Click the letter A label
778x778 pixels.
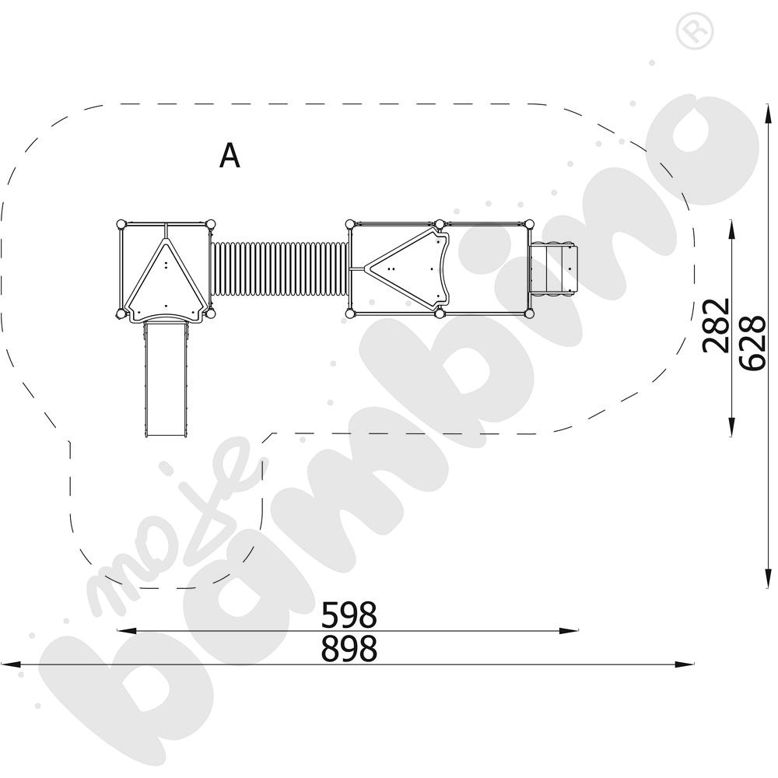tap(230, 156)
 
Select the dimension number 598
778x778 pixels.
tap(349, 615)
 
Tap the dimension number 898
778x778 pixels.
tap(349, 648)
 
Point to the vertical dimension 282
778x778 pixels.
tap(716, 325)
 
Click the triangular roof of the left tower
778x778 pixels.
tap(166, 276)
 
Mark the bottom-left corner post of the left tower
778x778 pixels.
tap(121, 314)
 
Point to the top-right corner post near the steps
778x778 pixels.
tap(530, 224)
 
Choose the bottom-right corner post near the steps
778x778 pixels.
tap(530, 314)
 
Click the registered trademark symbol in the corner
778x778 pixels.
tap(689, 32)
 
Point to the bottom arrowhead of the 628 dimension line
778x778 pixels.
tap(766, 583)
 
